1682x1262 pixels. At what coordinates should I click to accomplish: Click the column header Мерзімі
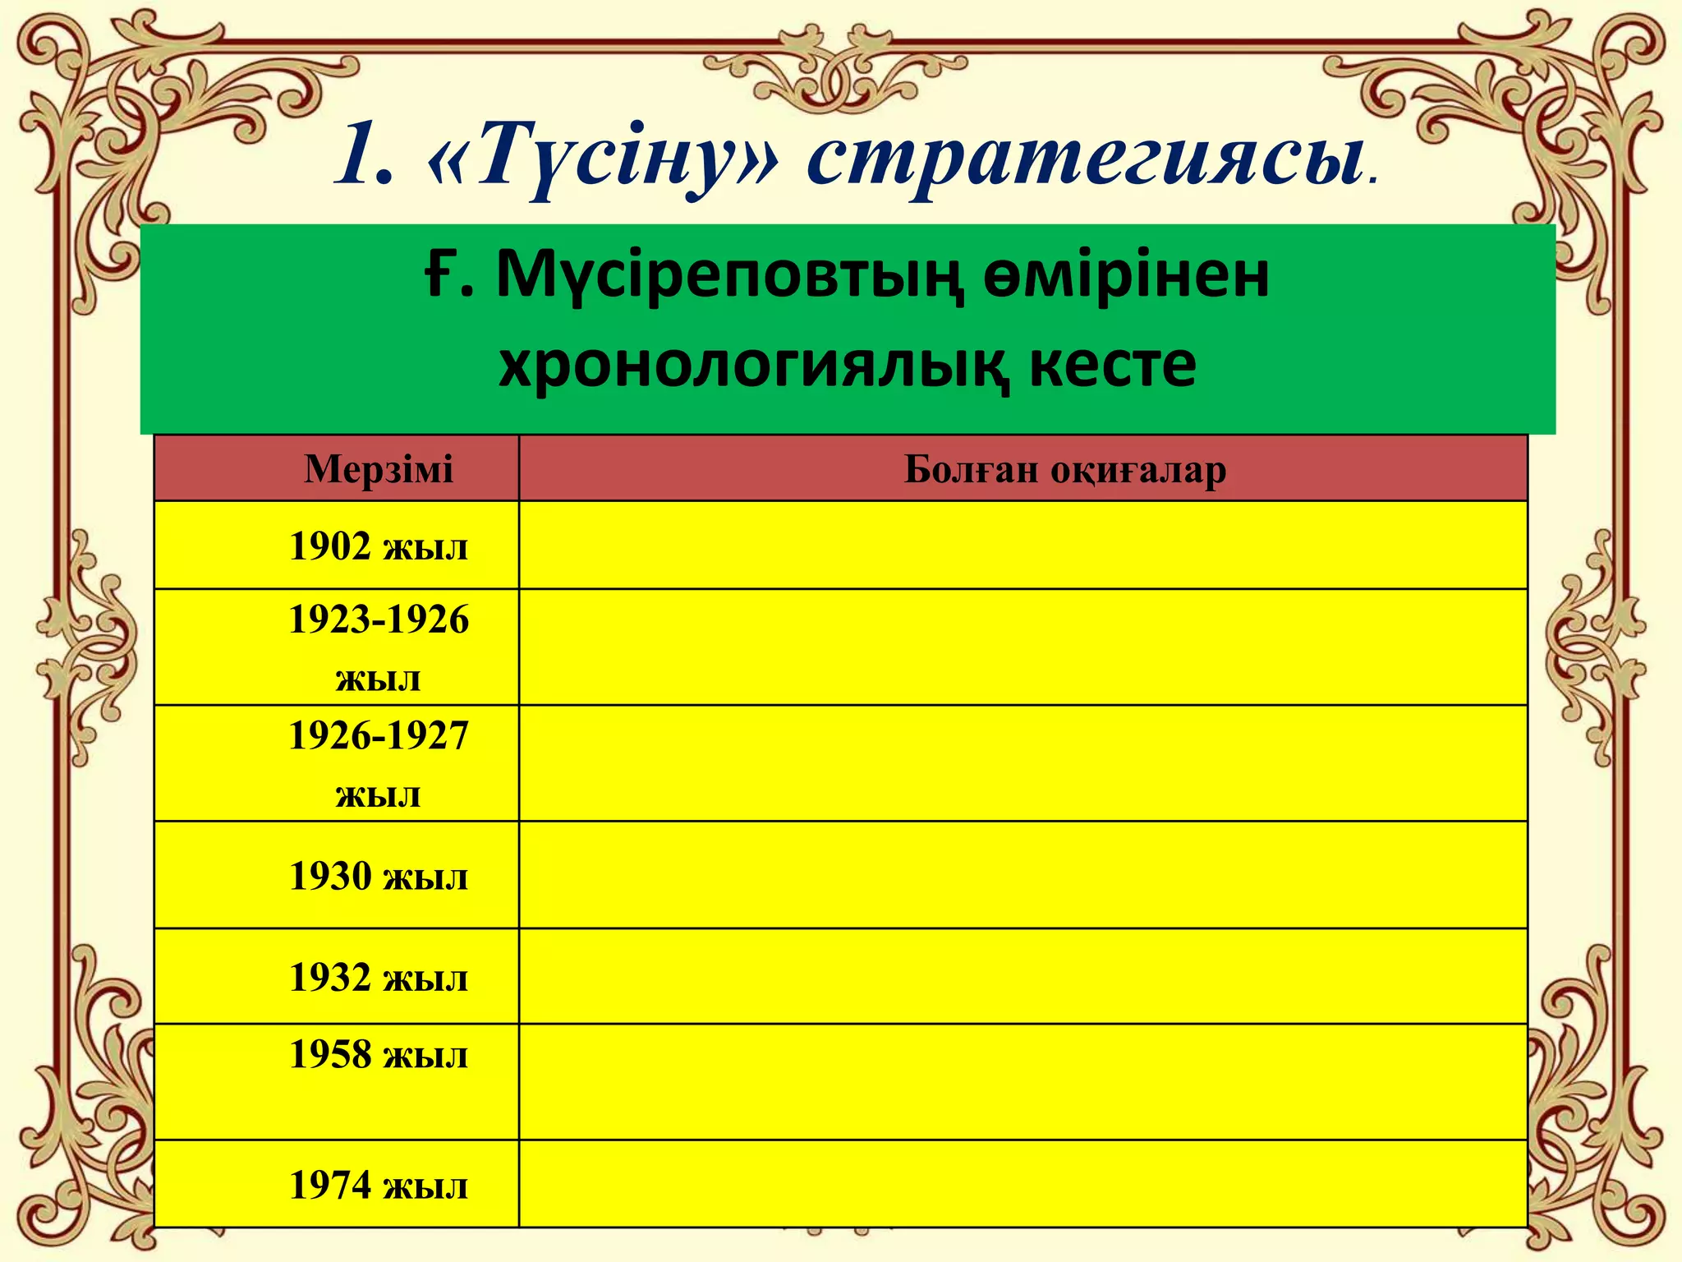[x=378, y=470]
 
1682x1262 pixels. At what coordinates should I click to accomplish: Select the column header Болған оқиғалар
[x=1064, y=470]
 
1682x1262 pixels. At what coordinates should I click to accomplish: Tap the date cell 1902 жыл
[x=378, y=546]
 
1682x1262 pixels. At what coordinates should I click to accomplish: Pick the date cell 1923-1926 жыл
[x=378, y=647]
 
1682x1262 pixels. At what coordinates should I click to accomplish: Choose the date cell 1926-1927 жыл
[x=378, y=763]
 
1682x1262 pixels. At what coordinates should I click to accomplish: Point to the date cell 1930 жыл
[x=378, y=876]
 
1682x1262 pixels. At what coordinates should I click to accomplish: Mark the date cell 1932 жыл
[x=378, y=978]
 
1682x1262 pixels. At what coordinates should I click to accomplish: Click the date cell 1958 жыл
[x=378, y=1056]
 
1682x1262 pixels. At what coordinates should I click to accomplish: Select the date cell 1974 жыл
[x=378, y=1186]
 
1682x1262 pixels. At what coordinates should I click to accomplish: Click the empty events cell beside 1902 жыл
[x=1023, y=546]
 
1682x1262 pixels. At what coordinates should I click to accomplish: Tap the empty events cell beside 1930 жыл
[x=1023, y=875]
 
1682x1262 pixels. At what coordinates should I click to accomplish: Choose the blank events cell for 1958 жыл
[x=1023, y=1081]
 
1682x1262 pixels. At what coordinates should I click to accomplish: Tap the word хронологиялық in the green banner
[x=752, y=364]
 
